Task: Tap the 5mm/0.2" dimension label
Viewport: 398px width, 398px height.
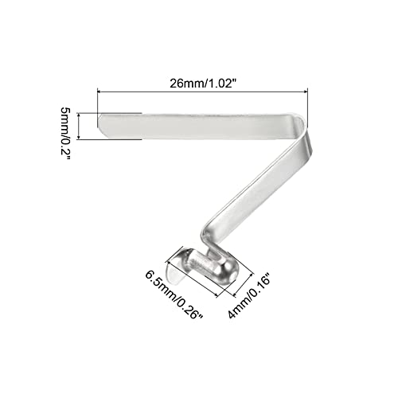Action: click(65, 134)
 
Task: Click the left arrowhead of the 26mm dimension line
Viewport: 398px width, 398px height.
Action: click(100, 92)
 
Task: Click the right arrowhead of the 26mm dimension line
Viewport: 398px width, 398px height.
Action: click(305, 92)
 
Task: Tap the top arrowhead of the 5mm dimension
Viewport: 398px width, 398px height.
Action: click(79, 115)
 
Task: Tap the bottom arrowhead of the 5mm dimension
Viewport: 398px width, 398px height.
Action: click(79, 136)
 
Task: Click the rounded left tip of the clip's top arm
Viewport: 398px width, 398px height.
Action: click(101, 124)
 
